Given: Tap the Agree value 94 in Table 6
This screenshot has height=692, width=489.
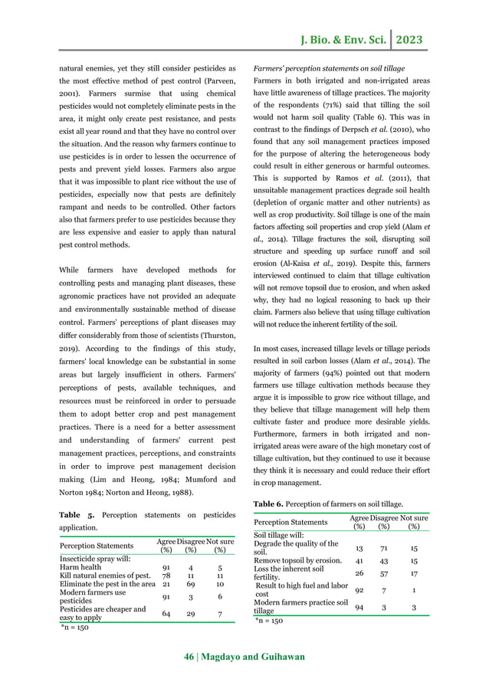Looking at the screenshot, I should tap(359, 607).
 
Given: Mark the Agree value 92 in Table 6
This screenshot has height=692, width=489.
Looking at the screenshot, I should tap(359, 590).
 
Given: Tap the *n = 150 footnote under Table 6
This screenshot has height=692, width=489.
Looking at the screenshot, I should tap(271, 621).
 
